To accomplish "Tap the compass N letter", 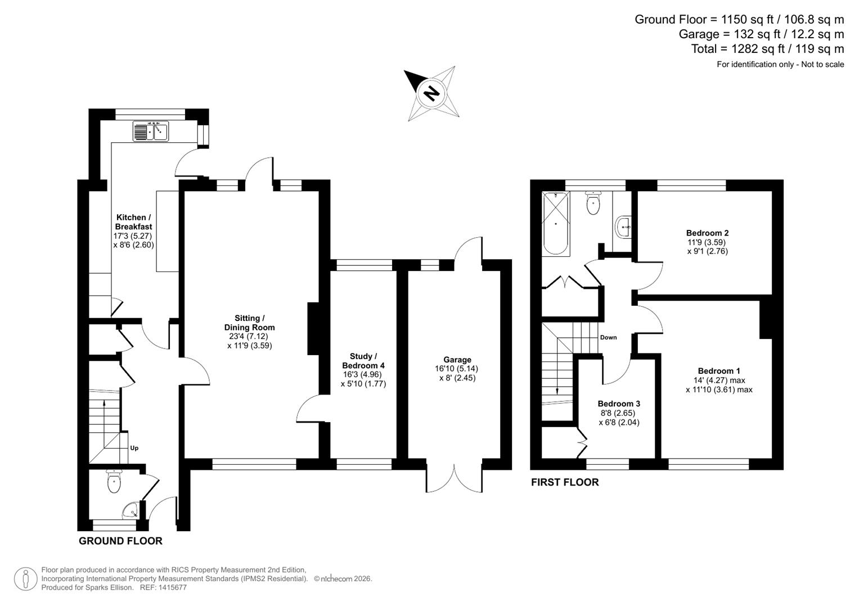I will pos(431,93).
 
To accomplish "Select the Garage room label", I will pos(457,360).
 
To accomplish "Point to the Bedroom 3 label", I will pos(619,404).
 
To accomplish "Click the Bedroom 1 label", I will pos(718,371).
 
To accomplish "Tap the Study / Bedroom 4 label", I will pos(363,361).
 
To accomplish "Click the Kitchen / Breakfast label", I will pos(133,222).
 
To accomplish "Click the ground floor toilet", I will pos(114,482).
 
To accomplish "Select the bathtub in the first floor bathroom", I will pos(556,224).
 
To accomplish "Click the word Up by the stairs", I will pos(134,448).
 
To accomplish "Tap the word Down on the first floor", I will pos(608,337).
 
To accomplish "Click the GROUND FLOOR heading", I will pos(120,541).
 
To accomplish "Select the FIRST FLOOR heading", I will pos(565,482).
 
